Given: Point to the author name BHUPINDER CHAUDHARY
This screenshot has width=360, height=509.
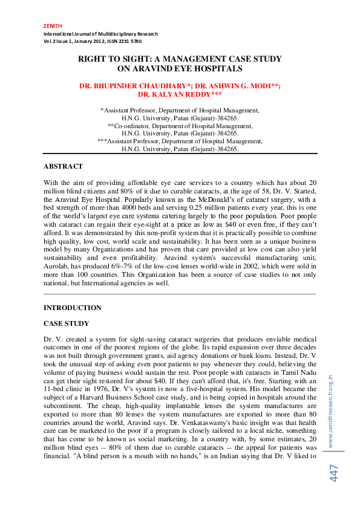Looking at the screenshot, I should click(139, 86).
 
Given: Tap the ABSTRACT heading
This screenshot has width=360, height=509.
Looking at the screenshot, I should click(63, 166).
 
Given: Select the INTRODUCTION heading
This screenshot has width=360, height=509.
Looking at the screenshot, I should click(73, 308).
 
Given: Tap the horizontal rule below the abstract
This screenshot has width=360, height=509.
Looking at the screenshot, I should click(180, 293).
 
